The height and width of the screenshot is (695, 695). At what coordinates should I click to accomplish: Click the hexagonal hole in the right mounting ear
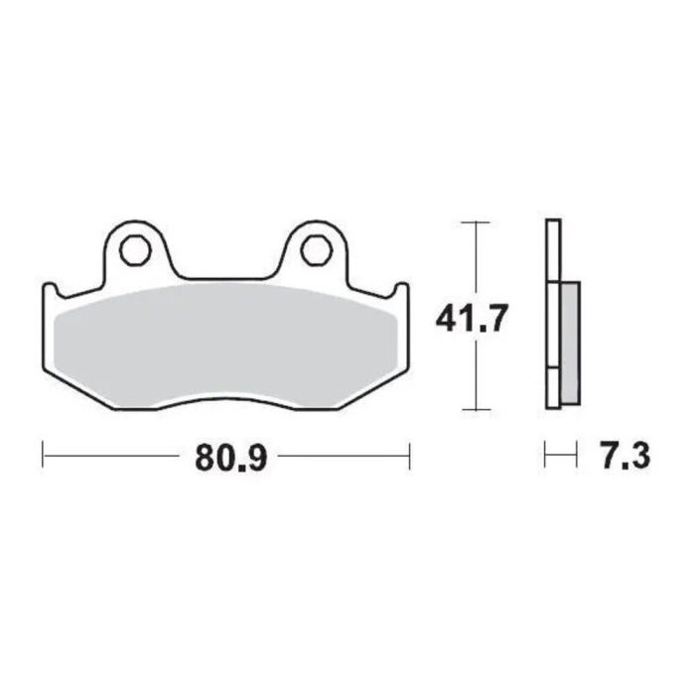(x=316, y=250)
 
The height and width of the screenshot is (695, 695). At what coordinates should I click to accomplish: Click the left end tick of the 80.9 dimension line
(x=44, y=457)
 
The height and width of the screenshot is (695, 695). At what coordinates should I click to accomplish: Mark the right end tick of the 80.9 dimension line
(x=409, y=457)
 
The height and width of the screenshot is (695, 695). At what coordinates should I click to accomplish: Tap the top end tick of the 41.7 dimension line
(x=478, y=221)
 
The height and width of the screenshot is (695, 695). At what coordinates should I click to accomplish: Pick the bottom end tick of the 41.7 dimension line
(x=478, y=408)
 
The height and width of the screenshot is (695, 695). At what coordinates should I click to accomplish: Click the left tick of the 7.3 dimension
(x=546, y=457)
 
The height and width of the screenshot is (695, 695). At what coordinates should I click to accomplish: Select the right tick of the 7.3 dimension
(x=576, y=457)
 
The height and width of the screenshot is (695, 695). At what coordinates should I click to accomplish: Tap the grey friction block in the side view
(x=570, y=343)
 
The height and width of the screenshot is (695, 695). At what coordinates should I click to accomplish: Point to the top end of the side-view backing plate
(x=553, y=221)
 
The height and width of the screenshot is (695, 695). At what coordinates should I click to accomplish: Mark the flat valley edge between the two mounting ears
(x=225, y=278)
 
